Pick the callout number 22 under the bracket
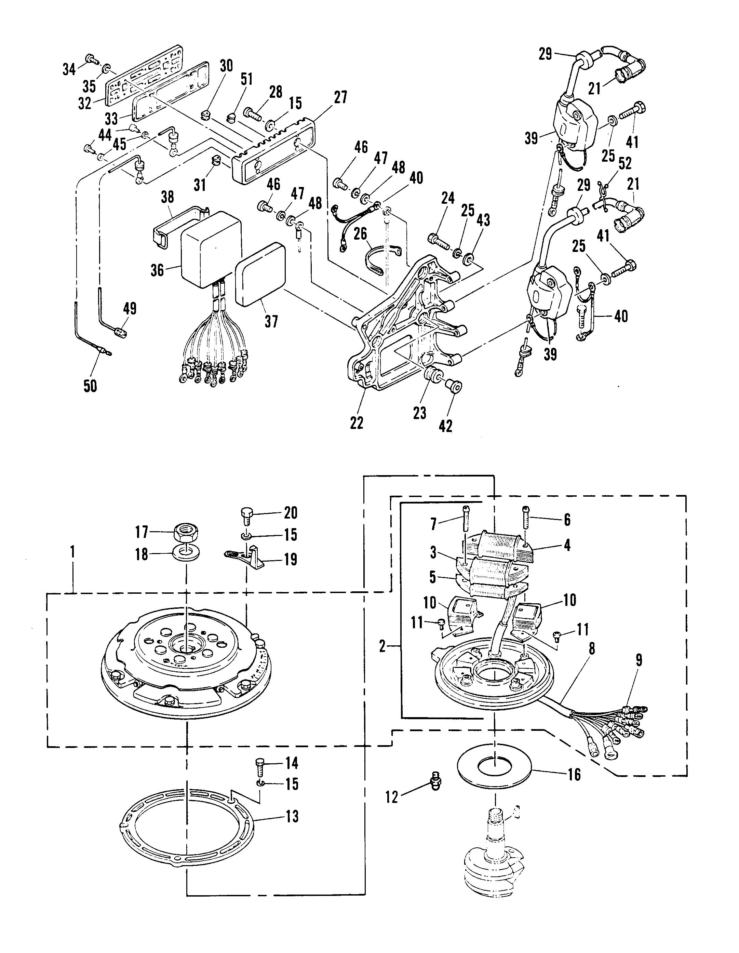(x=357, y=422)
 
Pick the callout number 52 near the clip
(x=625, y=163)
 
